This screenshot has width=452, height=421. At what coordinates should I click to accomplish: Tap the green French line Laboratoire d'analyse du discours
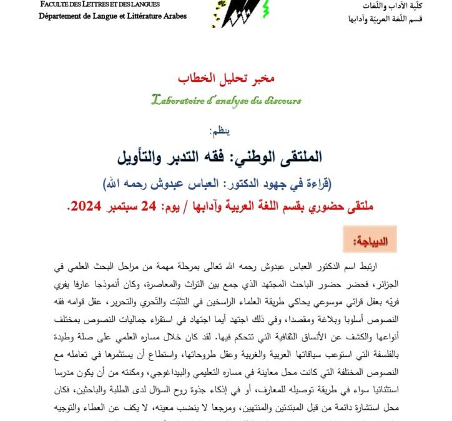click(226, 99)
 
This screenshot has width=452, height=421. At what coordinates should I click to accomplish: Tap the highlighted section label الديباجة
click(371, 240)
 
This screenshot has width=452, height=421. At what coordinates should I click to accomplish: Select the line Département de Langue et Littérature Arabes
click(112, 16)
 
